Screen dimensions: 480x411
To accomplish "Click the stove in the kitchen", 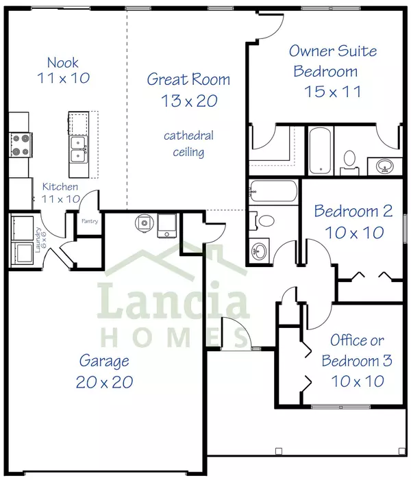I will (x=19, y=145).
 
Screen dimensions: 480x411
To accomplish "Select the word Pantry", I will (x=89, y=221).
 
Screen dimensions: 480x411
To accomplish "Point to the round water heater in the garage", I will (x=142, y=223).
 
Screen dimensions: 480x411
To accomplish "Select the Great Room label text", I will (x=188, y=90).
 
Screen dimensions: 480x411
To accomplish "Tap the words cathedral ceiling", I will (x=188, y=144).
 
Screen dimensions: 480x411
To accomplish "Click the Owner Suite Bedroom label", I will (x=333, y=71).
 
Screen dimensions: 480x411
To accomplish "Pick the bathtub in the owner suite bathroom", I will (x=320, y=150).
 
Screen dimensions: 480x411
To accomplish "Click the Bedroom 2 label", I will (x=353, y=221).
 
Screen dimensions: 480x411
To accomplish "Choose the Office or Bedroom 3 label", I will (x=357, y=359).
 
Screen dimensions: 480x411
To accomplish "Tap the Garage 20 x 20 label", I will (x=103, y=371).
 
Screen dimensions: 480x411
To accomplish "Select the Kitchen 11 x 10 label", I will (x=60, y=192).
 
